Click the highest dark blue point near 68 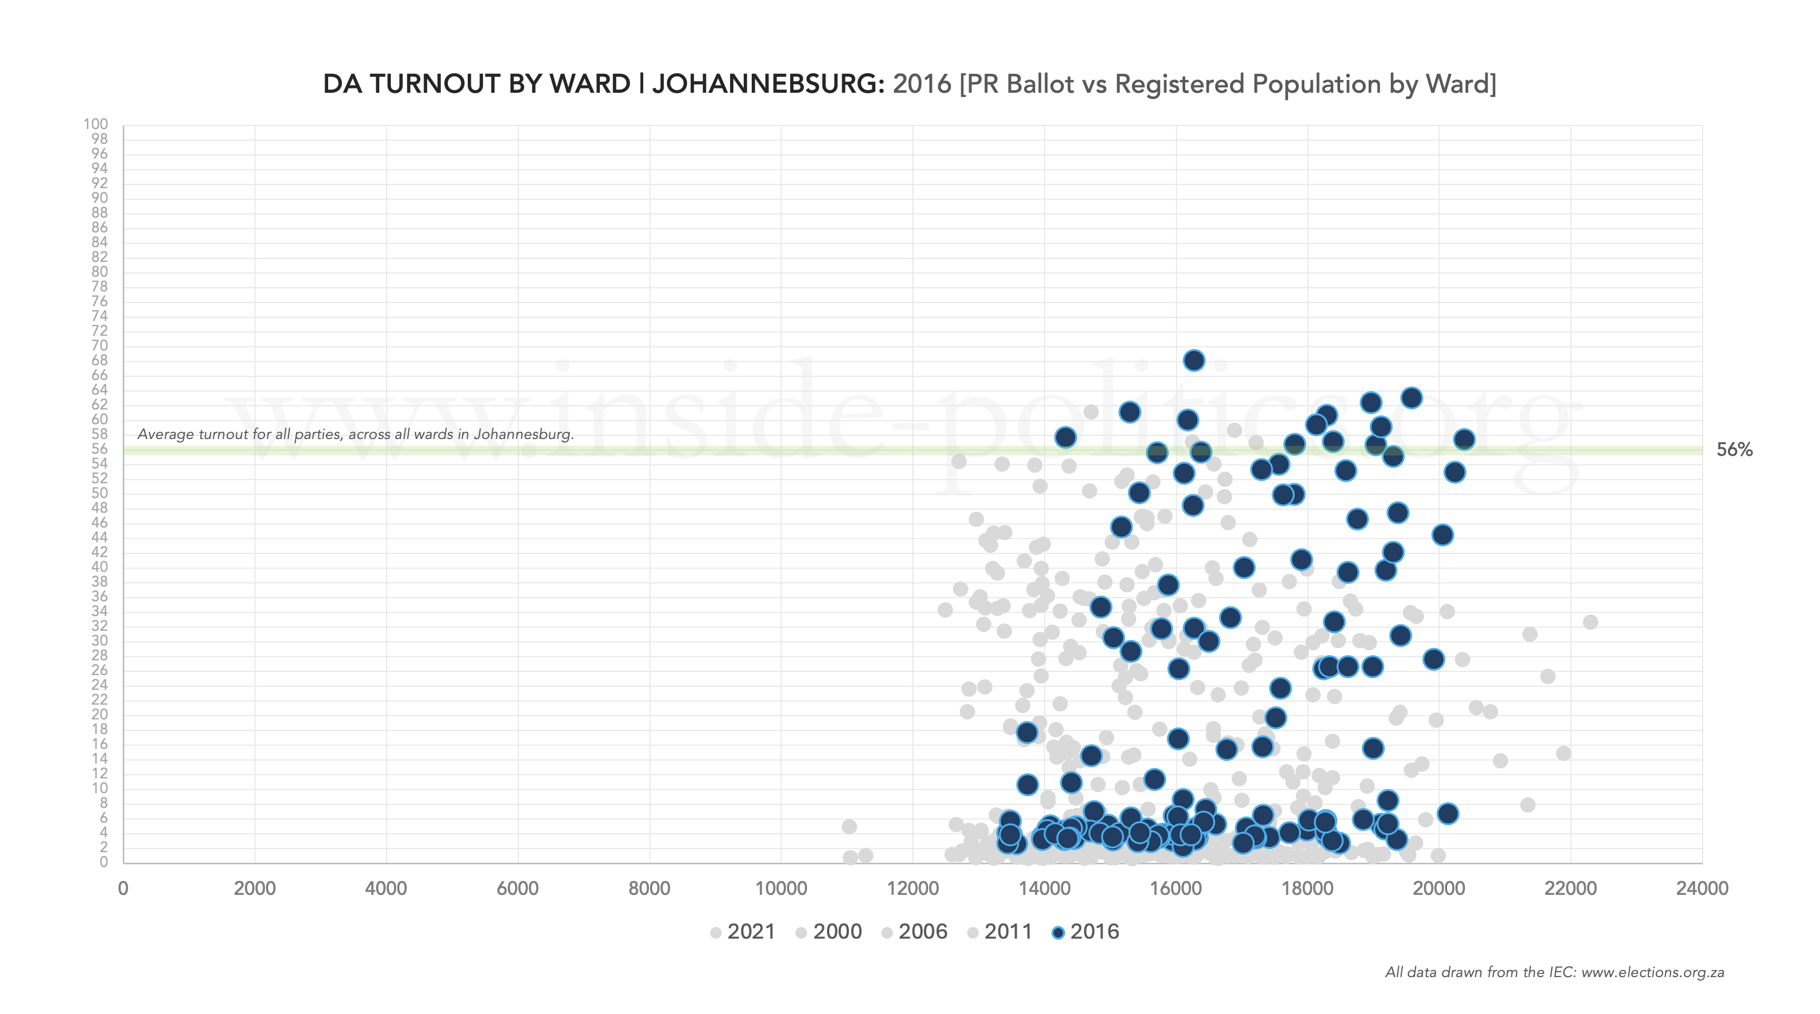[1193, 360]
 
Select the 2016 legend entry [1085, 931]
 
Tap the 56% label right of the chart [1735, 450]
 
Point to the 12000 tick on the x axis [913, 888]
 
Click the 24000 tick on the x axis [1701, 888]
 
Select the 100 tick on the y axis [95, 124]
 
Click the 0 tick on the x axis [124, 888]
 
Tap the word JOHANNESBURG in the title [768, 84]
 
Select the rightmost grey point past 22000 [1590, 622]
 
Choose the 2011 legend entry [1000, 931]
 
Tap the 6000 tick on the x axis [518, 888]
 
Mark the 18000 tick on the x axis [1307, 888]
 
